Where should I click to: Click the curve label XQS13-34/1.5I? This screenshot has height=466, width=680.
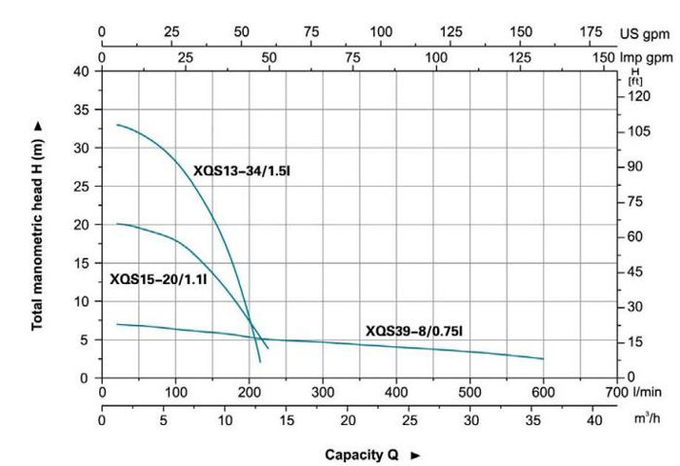[242, 171]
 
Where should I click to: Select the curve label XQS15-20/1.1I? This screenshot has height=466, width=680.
[158, 278]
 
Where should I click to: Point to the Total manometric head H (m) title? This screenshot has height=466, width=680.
[38, 225]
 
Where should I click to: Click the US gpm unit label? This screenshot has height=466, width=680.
[646, 32]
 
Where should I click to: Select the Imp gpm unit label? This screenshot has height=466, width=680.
[646, 57]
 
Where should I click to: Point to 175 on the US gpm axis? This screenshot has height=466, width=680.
[591, 32]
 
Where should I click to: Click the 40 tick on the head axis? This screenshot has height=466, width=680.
[81, 72]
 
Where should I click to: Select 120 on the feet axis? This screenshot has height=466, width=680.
[635, 96]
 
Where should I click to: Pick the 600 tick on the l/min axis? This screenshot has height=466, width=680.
[543, 392]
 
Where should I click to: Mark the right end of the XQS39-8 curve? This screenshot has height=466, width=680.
[543, 359]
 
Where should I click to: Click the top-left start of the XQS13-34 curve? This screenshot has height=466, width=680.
[118, 125]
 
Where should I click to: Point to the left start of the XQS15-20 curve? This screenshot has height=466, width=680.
[118, 224]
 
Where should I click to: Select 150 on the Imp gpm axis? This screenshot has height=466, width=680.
[604, 57]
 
